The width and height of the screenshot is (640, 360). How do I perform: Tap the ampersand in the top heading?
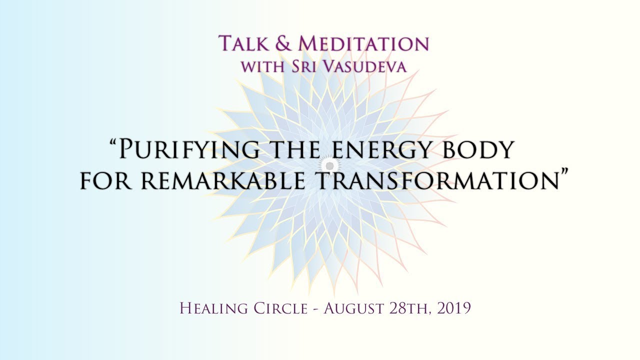coord(282,43)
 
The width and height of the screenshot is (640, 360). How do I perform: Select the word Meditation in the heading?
coord(363,43)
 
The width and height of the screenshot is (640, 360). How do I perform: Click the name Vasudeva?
coord(361,66)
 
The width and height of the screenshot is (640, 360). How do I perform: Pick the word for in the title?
coord(106,180)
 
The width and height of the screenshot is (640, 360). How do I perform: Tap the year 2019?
coord(454,308)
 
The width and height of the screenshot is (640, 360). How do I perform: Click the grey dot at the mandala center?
coord(329,165)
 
